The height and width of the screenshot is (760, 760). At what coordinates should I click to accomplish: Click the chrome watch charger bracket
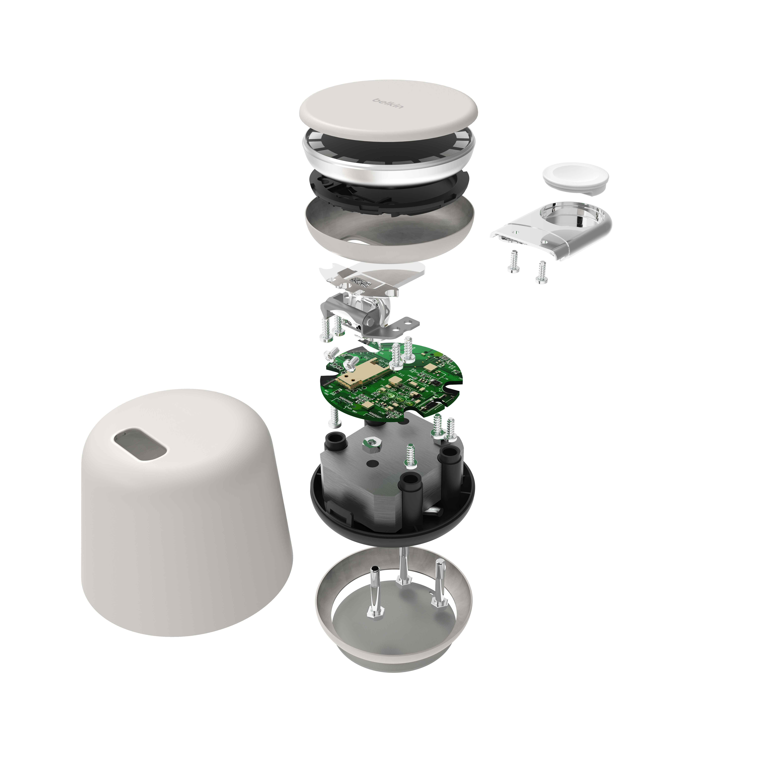pos(559,228)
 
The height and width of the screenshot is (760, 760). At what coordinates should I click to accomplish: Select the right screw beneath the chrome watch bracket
pos(542,271)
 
